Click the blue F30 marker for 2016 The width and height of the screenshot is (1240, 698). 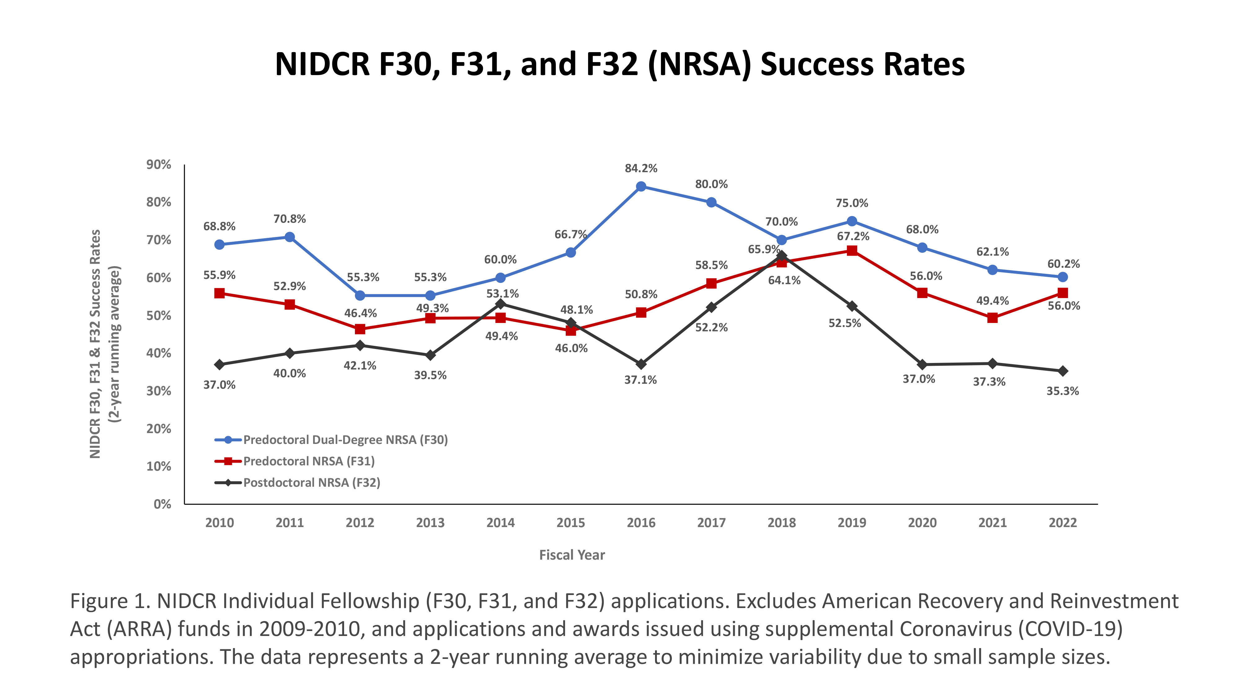coord(641,186)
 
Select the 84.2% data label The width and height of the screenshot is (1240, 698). coord(641,168)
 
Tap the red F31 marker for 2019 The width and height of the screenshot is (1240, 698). coord(852,250)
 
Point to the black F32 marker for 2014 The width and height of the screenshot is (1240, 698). coord(500,304)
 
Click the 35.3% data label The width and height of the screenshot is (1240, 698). coord(1062,391)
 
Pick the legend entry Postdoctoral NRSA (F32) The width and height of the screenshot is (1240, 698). coord(312,483)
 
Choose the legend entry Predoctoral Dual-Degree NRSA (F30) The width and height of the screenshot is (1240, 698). coord(345,440)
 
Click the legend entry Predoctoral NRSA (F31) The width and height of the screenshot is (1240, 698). coord(308,461)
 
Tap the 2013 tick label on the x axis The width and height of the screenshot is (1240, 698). coord(430,523)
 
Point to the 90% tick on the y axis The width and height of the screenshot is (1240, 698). coord(159,165)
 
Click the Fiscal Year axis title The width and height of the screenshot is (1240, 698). coord(571,555)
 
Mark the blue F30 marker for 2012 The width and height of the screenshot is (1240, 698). coord(360,295)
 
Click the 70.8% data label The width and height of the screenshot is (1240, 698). coord(289,219)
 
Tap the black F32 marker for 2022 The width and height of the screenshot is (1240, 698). coord(1062,371)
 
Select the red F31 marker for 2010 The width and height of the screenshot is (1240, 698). coord(219,293)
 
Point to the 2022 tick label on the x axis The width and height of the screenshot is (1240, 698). coord(1062,523)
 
